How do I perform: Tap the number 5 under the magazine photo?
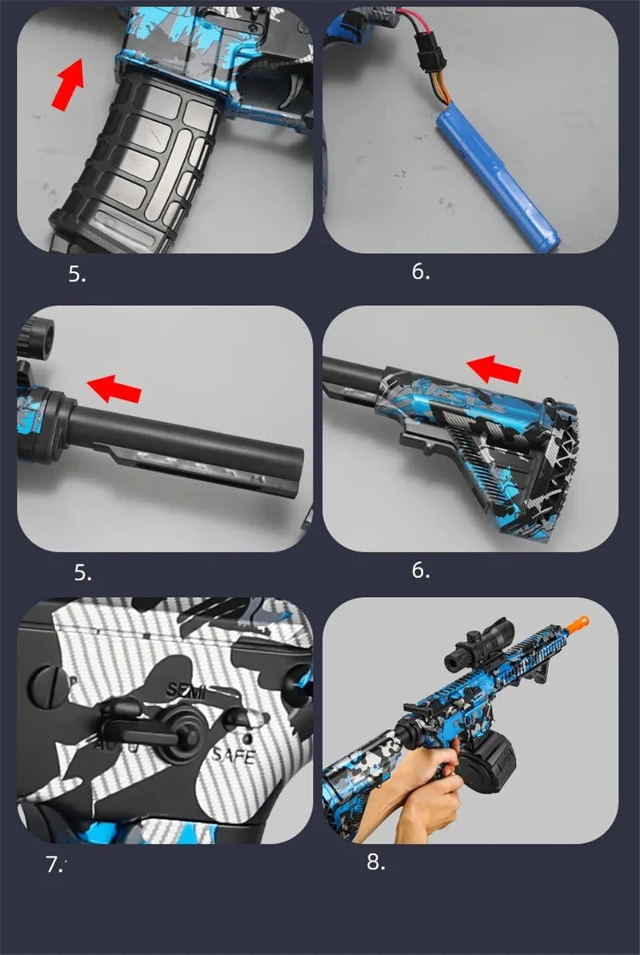click(77, 275)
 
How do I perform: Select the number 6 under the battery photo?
click(421, 272)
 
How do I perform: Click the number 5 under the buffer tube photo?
click(83, 573)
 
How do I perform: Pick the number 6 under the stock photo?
click(421, 571)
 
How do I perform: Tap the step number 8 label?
click(376, 862)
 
